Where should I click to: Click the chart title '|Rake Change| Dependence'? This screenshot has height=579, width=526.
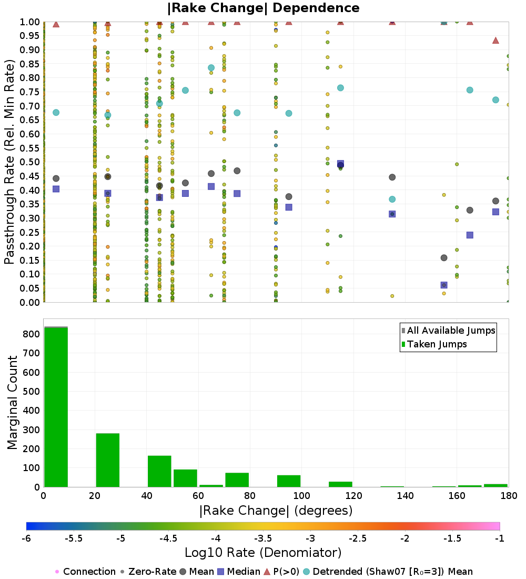263,8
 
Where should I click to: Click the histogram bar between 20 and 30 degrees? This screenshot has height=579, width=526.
107,460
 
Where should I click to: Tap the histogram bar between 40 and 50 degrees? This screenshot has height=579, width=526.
159,471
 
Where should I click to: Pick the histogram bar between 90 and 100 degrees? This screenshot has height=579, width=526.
288,481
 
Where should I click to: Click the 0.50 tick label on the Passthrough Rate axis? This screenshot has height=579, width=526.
30,162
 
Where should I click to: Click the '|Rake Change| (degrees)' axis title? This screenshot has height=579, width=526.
276,511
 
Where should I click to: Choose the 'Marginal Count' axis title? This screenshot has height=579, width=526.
13,403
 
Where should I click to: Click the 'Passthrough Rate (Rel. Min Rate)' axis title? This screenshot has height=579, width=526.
9,162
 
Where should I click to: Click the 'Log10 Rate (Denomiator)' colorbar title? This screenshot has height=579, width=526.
263,553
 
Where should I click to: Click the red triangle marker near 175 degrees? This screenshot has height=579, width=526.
495,41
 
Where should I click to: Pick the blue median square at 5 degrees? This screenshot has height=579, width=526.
56,189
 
